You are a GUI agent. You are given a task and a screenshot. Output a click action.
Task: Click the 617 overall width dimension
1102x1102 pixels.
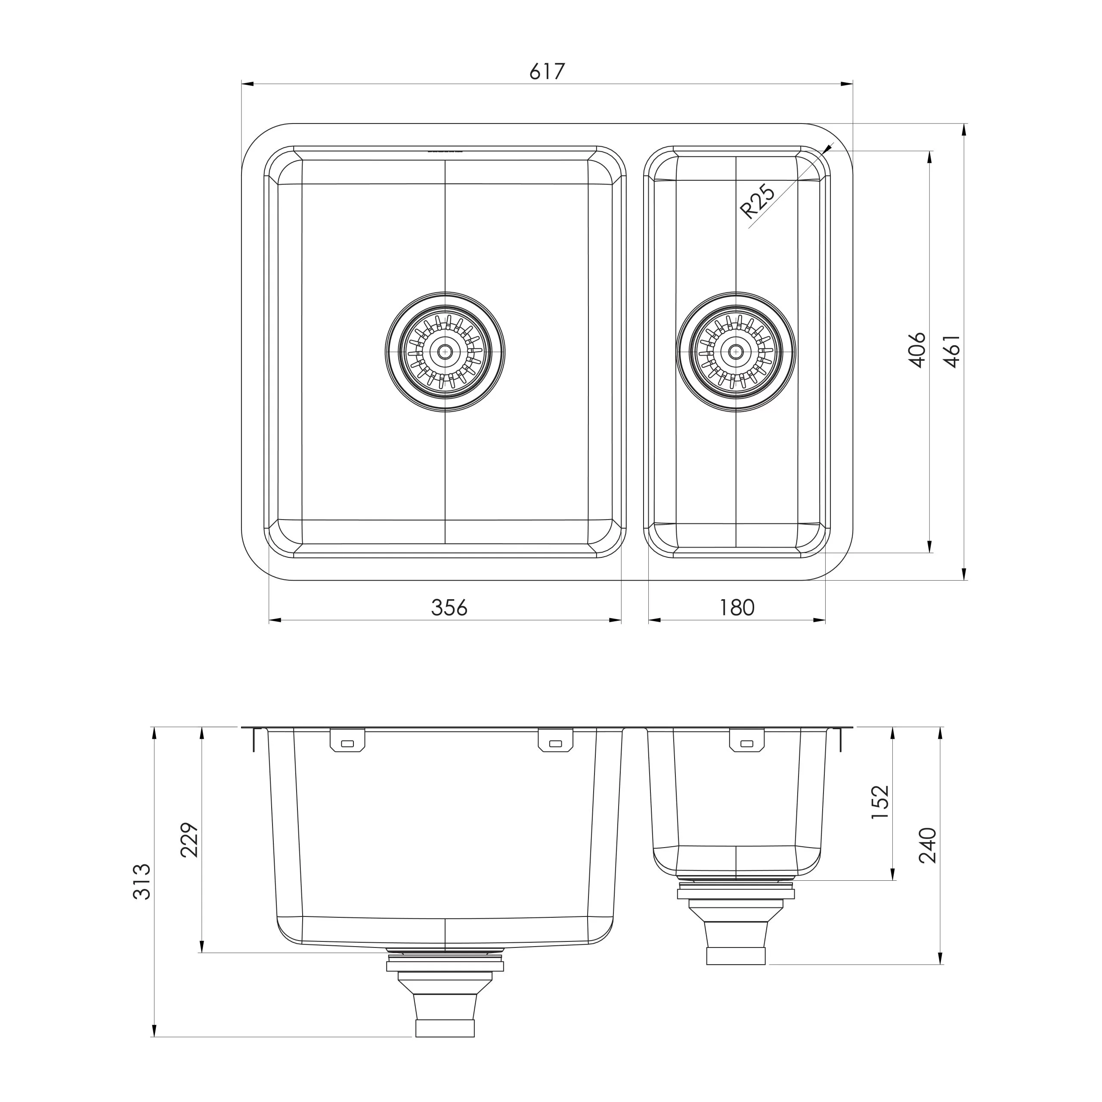[x=546, y=72]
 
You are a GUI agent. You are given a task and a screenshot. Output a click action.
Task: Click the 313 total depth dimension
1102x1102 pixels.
[x=142, y=882]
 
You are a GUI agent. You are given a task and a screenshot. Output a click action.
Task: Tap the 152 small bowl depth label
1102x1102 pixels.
[x=880, y=802]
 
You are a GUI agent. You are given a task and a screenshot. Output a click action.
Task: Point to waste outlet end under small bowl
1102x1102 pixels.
[x=736, y=956]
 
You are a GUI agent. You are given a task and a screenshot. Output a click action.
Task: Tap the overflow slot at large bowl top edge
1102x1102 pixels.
[x=445, y=152]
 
